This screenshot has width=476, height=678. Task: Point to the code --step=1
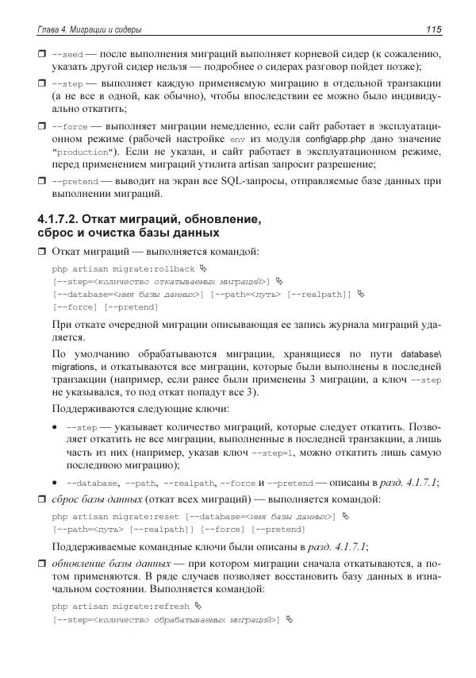[272, 453]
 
